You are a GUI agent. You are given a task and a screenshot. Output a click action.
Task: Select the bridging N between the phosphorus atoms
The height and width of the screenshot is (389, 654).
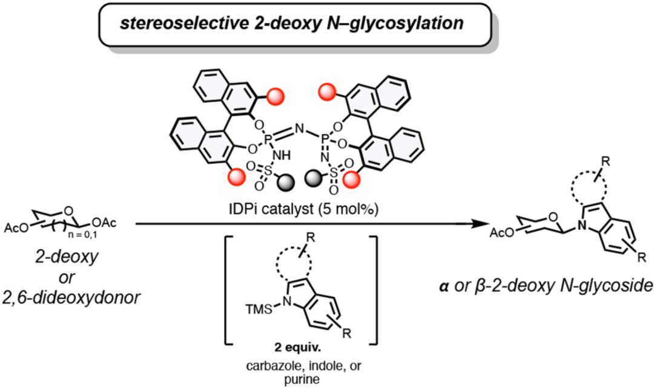[x=299, y=128]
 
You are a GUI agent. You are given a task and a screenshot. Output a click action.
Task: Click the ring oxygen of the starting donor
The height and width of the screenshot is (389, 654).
[x=69, y=211]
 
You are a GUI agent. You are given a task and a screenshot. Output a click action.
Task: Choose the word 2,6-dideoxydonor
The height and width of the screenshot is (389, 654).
[x=71, y=298]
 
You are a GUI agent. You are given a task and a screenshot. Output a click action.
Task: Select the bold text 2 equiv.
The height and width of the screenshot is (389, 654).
[x=301, y=349]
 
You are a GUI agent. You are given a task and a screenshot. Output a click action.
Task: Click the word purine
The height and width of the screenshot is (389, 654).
[x=302, y=379]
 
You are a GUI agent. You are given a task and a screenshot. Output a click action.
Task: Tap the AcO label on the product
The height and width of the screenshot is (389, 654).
[x=502, y=233]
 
